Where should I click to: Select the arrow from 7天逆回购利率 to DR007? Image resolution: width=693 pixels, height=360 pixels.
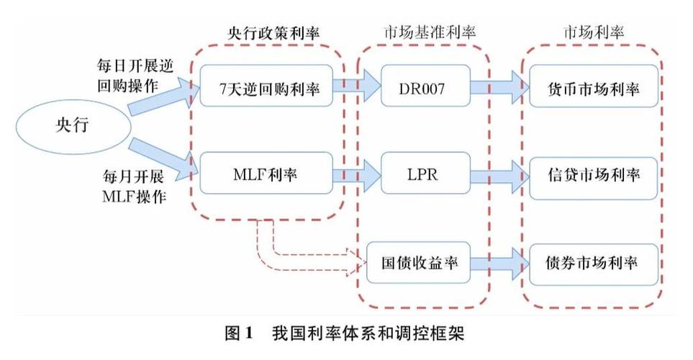tap(357, 88)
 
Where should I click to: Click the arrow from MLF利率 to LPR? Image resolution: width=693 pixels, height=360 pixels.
tap(357, 173)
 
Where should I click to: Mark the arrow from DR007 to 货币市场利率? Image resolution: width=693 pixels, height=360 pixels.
tap(499, 88)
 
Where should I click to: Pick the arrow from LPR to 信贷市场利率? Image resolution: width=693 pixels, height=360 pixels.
tap(499, 174)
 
